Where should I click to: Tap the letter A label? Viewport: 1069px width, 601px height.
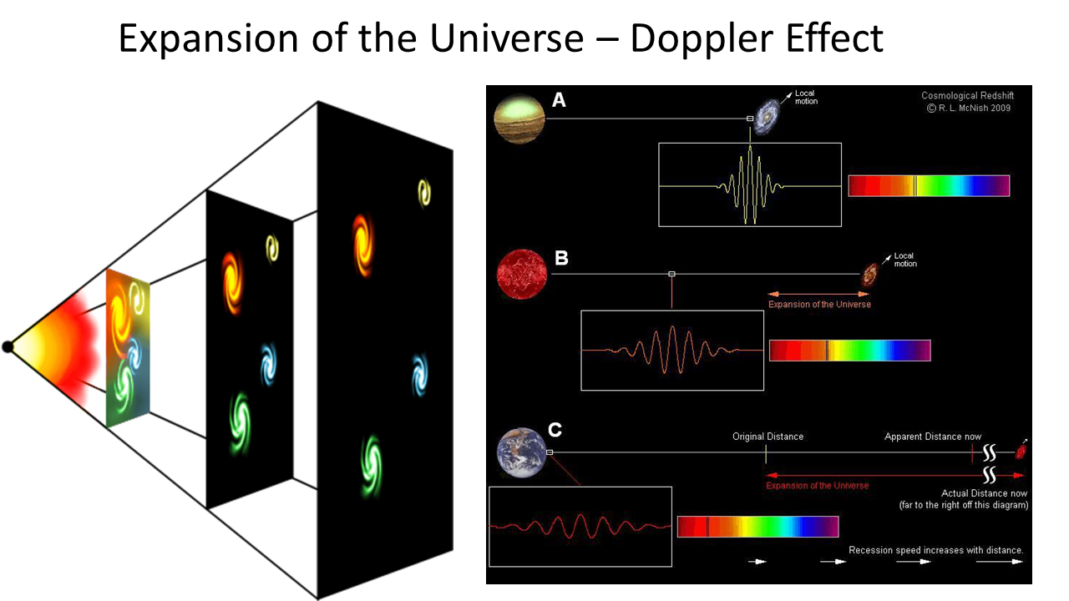[x=560, y=101]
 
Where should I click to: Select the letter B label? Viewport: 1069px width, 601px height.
[x=561, y=258]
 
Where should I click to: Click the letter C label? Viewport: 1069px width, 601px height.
[x=555, y=430]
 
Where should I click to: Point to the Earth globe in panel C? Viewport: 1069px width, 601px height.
[x=520, y=453]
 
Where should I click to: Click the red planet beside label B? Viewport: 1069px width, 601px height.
[x=521, y=275]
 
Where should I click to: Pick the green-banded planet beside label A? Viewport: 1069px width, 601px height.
[x=519, y=119]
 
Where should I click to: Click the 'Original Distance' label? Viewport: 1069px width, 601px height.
[x=768, y=437]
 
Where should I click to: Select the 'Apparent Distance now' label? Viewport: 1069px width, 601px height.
[x=933, y=437]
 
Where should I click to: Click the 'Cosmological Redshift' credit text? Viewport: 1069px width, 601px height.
[x=967, y=96]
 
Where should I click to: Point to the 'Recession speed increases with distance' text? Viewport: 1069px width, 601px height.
[x=935, y=550]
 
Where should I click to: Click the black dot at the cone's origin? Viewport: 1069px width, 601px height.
[x=8, y=346]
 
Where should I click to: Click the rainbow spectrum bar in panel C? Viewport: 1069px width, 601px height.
[x=757, y=527]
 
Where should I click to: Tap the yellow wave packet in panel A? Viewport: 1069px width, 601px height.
[x=750, y=185]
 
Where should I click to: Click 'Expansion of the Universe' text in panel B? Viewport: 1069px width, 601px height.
[x=819, y=304]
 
